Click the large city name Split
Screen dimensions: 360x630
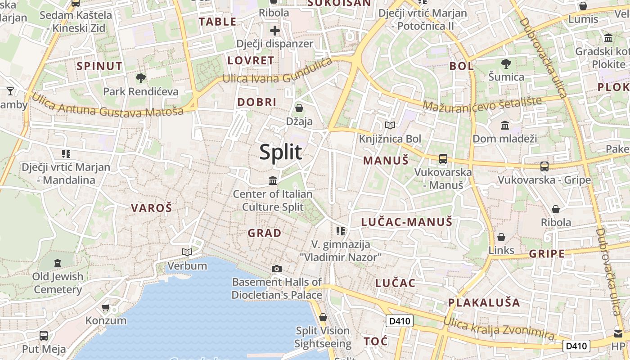point(281,152)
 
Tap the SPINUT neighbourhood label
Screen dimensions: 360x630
point(99,66)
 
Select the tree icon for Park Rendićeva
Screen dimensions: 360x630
point(141,78)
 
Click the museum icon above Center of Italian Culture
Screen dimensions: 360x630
point(273,180)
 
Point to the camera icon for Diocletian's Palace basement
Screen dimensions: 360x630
point(277,269)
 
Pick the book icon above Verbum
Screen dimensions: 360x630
point(187,252)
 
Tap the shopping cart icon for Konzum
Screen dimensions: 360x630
point(106,308)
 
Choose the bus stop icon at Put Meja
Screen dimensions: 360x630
point(44,336)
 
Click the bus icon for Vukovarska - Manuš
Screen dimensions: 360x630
point(443,158)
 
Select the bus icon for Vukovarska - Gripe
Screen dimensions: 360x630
point(544,166)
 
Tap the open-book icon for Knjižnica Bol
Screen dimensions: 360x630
point(390,125)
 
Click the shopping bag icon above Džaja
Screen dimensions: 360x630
point(299,108)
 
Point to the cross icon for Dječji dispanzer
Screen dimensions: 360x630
point(275,31)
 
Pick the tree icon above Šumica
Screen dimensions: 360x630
point(506,63)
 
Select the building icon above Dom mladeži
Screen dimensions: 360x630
point(505,125)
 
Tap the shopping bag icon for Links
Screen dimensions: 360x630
point(501,237)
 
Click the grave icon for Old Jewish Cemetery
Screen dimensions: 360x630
point(58,263)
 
